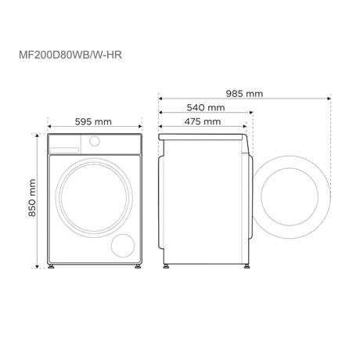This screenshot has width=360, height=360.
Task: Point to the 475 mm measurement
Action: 204,121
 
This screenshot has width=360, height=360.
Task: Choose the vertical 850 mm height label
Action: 32,200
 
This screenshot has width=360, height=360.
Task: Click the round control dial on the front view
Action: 95,142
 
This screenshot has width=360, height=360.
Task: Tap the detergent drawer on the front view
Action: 67,144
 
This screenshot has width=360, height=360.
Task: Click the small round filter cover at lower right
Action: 123,245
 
